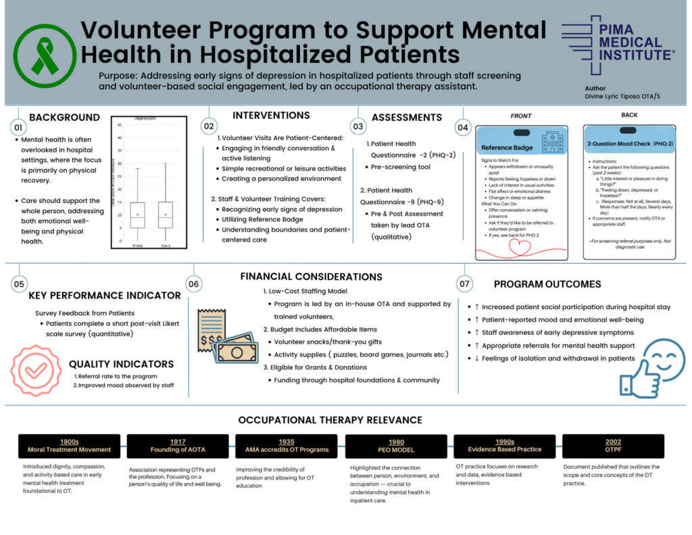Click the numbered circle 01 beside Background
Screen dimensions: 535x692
(18, 127)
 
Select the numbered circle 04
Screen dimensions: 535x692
(463, 127)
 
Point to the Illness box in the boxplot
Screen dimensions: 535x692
(137, 214)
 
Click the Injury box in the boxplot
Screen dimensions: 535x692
(165, 214)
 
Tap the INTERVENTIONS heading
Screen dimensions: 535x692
(271, 116)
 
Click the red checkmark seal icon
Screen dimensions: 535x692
(36, 371)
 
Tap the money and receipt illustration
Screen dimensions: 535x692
(226, 335)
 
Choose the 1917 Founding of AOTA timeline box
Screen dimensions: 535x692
(178, 446)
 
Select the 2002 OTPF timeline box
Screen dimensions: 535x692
(613, 446)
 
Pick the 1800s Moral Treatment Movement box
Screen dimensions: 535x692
(69, 446)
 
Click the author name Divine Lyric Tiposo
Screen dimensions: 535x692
(622, 97)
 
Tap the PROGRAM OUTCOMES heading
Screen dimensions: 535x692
(547, 284)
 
